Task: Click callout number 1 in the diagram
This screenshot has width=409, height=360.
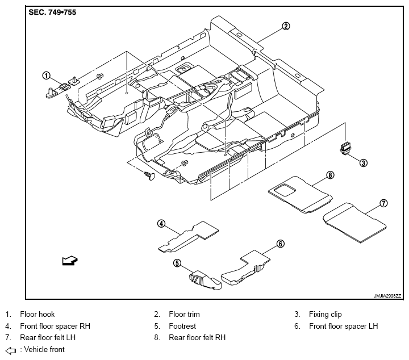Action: point(46,76)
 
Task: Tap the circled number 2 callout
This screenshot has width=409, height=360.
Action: point(286,26)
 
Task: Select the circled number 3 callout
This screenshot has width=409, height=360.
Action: point(364,163)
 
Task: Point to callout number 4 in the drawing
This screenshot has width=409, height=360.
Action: point(161,223)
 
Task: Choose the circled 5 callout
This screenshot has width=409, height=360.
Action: point(177,263)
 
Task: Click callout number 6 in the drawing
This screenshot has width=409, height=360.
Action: point(281,244)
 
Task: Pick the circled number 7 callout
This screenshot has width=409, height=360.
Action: point(383,203)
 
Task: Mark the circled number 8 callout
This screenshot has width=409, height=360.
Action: point(330,175)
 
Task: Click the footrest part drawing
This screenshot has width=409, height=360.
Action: point(204,281)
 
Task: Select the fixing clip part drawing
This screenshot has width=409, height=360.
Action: point(345,148)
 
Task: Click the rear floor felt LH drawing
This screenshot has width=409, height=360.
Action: point(354,223)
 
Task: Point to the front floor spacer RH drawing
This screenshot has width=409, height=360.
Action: point(189,237)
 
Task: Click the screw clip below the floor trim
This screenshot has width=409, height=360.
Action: point(149,175)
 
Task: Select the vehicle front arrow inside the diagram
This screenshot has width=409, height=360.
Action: point(70,261)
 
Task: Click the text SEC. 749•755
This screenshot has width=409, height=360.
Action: point(52,12)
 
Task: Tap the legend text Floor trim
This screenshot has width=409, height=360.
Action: point(184,314)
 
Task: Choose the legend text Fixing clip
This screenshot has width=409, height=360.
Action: point(325,315)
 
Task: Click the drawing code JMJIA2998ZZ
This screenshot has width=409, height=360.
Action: point(387,296)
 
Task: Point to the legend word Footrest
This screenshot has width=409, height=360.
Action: point(182,326)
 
